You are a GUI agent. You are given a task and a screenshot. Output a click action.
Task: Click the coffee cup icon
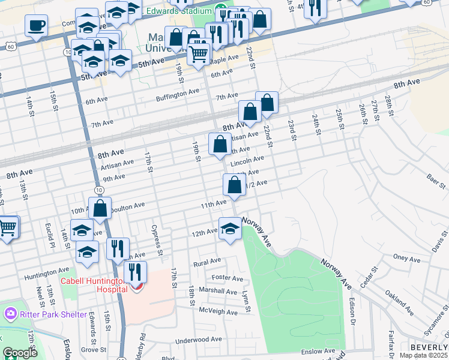point(36,26)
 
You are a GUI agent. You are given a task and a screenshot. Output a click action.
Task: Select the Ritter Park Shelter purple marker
point(10,314)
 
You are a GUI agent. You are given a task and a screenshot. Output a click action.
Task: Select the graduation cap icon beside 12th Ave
point(230,229)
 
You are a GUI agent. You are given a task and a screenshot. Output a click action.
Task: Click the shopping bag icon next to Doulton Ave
point(101,209)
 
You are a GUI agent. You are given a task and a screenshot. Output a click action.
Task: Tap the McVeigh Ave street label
point(218,311)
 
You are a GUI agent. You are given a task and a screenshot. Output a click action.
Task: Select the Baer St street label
point(435,178)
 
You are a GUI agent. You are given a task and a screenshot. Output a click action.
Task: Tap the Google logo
point(20,352)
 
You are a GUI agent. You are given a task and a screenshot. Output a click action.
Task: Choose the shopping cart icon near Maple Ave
point(198,54)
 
